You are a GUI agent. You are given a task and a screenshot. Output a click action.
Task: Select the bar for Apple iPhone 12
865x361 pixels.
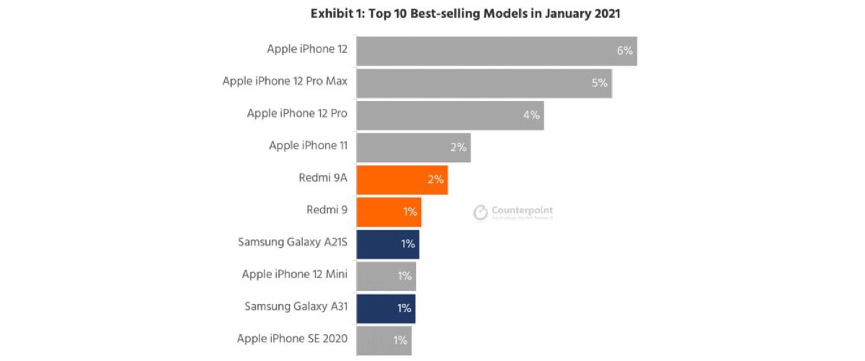496,51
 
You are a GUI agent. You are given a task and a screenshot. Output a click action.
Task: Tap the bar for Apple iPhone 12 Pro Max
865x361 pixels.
484,83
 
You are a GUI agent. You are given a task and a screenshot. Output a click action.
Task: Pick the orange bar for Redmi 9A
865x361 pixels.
402,179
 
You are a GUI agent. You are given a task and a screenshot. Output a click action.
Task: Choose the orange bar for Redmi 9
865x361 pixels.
389,212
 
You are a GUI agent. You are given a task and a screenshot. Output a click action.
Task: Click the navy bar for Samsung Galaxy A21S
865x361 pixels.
388,244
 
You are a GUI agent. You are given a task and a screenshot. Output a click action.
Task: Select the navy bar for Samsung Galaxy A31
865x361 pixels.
386,308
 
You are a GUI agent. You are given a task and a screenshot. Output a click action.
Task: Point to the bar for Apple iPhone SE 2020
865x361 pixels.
383,340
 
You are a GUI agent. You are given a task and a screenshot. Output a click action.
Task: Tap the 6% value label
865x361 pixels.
624,51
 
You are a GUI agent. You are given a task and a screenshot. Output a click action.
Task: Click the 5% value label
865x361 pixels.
600,83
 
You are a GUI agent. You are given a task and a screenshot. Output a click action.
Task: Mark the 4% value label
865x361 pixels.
531,115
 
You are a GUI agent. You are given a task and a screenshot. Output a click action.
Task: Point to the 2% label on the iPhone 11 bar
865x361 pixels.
458,148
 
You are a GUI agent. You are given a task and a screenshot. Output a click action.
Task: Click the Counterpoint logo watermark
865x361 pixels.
513,212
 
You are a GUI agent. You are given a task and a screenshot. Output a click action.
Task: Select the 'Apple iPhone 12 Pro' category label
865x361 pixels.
297,114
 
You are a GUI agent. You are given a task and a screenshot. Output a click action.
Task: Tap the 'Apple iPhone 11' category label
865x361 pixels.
308,146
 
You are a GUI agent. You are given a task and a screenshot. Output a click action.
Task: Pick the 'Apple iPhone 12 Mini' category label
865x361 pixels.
295,275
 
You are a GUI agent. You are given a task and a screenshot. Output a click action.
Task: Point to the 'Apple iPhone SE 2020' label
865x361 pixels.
292,339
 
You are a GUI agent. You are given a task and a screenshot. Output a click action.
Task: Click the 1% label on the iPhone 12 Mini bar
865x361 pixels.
404,276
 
